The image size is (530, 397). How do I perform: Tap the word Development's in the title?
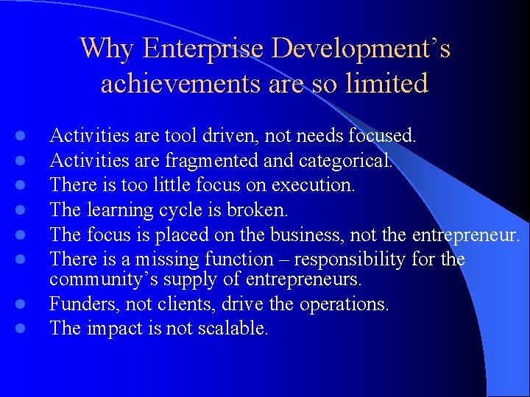(x=361, y=49)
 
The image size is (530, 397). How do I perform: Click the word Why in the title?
(x=107, y=49)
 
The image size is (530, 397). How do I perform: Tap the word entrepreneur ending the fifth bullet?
(x=466, y=235)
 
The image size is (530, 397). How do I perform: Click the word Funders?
(x=81, y=304)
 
